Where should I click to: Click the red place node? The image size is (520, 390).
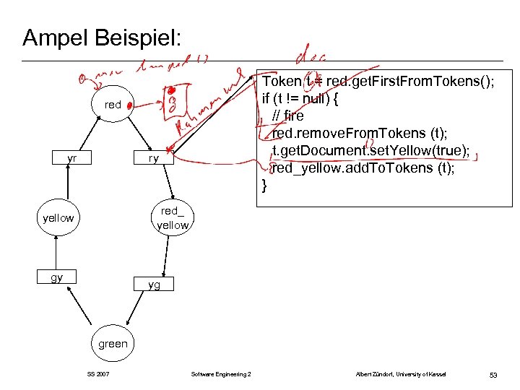tap(113, 105)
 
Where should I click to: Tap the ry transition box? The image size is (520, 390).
tap(153, 158)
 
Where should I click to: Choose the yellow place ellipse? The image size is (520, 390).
tap(58, 218)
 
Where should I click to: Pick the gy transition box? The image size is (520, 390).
tap(57, 277)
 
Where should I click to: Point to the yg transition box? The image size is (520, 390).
tap(153, 285)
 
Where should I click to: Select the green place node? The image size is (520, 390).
tap(113, 344)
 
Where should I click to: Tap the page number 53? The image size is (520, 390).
tap(493, 375)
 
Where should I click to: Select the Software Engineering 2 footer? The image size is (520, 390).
tap(221, 374)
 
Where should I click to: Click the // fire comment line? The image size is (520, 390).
tap(288, 116)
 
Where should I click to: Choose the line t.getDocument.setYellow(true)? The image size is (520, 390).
tap(370, 150)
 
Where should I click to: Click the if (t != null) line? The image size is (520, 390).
tap(303, 99)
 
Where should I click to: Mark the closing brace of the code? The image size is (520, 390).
tap(265, 185)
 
